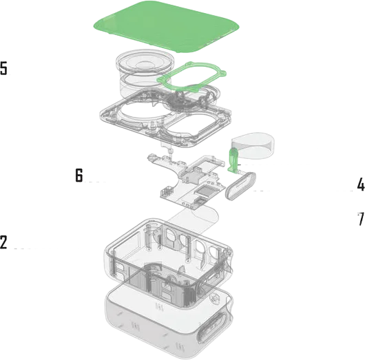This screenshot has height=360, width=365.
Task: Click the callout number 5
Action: (x=3, y=68)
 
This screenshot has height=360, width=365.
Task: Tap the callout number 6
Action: (x=79, y=176)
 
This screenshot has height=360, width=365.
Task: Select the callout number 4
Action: (x=361, y=184)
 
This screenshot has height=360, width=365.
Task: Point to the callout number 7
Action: (x=361, y=218)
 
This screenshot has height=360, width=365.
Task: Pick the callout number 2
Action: (x=3, y=242)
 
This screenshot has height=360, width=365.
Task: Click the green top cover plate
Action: (x=167, y=26)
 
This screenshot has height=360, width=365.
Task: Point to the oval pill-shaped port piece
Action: (x=240, y=185)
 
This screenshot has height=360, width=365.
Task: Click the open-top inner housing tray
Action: (x=168, y=261)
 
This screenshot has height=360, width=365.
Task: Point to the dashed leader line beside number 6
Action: (x=95, y=182)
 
